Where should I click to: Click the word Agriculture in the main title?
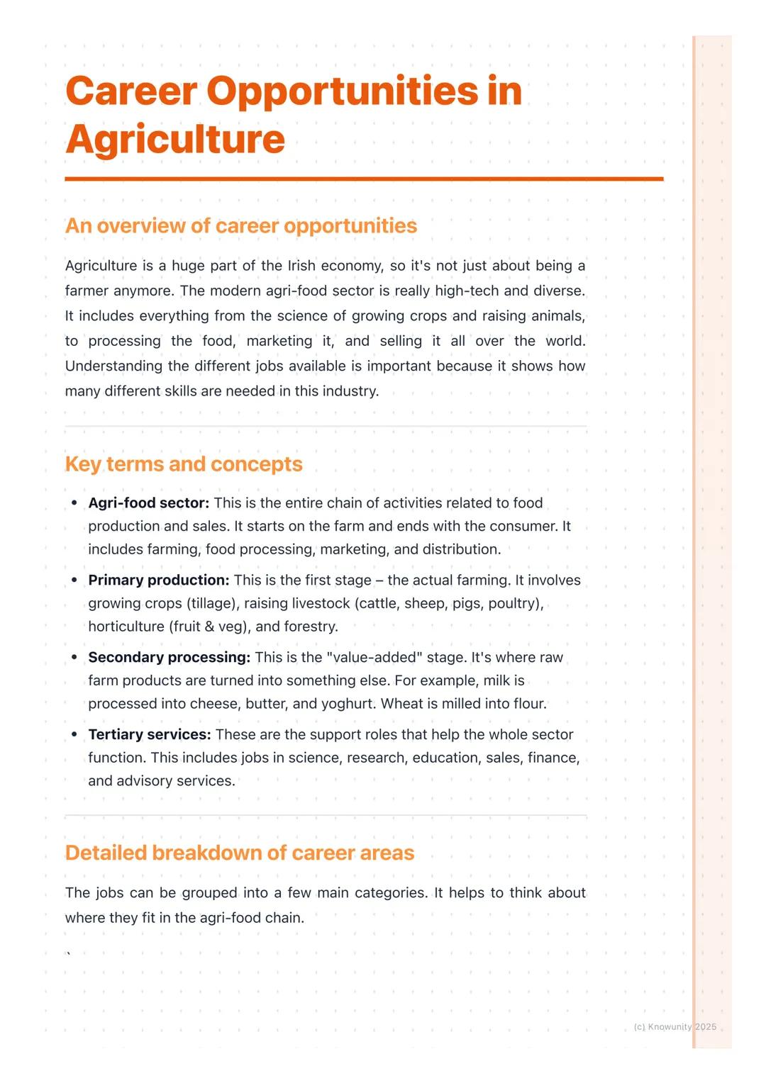click(175, 139)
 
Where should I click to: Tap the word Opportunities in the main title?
click(343, 91)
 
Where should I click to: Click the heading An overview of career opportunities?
click(241, 225)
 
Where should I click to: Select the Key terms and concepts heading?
click(184, 464)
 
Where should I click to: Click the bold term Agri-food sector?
click(149, 503)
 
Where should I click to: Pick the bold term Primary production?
click(159, 580)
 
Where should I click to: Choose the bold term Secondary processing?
click(170, 657)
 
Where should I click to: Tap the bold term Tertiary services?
click(150, 734)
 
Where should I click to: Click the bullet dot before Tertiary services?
click(74, 734)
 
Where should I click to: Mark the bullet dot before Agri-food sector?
click(74, 503)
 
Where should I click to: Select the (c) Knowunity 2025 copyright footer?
click(675, 1026)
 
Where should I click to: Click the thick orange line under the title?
click(364, 179)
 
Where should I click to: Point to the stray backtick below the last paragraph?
click(68, 953)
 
